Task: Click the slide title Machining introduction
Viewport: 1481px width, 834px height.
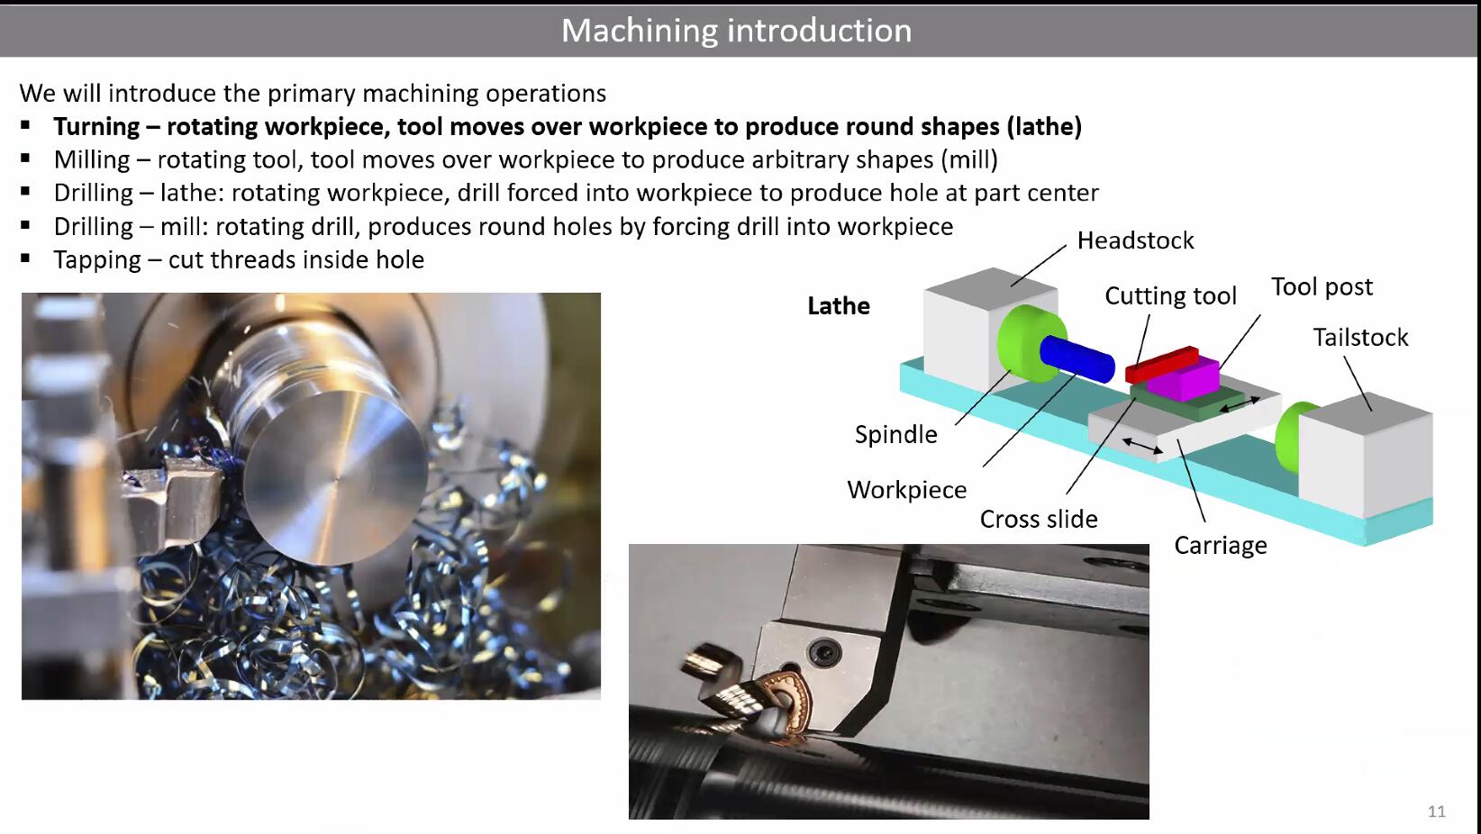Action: click(737, 31)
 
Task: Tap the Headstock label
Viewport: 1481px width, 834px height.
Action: click(1135, 240)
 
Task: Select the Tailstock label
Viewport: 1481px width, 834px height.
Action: click(1360, 338)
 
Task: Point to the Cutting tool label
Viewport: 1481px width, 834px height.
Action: click(1170, 296)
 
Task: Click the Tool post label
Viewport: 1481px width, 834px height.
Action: click(1322, 286)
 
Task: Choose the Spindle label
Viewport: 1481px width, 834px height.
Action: click(895, 434)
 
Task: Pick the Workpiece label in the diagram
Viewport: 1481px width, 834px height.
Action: click(906, 490)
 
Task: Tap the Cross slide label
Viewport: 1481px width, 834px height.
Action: click(1038, 520)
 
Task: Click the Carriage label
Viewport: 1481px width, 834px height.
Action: click(1221, 546)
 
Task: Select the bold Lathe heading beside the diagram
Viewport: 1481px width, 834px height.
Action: click(839, 306)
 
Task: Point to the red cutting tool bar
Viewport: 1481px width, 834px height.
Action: click(1162, 365)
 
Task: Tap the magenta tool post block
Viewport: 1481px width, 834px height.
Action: click(1185, 379)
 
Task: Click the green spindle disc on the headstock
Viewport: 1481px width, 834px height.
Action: click(1030, 343)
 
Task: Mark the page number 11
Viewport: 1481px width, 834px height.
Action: click(1436, 811)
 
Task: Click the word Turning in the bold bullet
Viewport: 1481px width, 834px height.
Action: click(96, 127)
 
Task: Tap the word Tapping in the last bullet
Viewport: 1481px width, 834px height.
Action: click(97, 259)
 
